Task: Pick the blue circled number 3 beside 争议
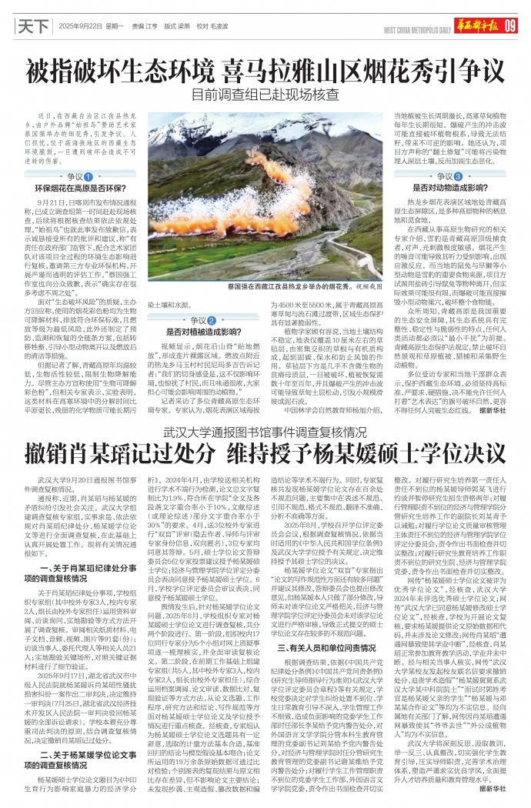pyautogui.click(x=447, y=177)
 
